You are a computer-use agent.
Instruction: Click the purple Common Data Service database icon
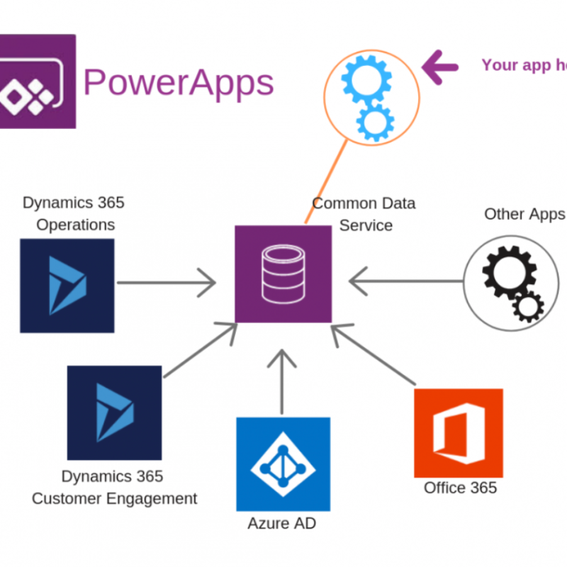[x=283, y=274]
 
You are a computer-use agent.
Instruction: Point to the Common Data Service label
[x=364, y=214]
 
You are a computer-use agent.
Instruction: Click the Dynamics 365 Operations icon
[x=67, y=285]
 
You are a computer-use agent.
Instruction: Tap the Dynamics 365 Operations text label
[x=74, y=214]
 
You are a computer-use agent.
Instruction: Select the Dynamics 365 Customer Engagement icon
[x=114, y=412]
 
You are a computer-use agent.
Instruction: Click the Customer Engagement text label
[x=114, y=498]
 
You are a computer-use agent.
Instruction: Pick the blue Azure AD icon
[x=283, y=464]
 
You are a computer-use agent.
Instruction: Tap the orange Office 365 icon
[x=459, y=432]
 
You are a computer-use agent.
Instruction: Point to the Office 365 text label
[x=460, y=488]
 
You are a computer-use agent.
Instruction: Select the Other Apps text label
[x=524, y=214]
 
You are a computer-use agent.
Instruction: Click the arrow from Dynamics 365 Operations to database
[x=167, y=283]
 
